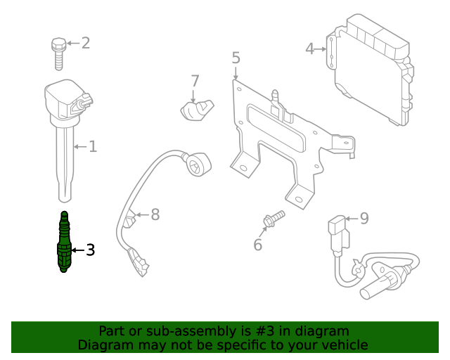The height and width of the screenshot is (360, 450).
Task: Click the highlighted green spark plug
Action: pyautogui.click(x=64, y=243)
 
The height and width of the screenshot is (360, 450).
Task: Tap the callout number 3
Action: pyautogui.click(x=89, y=250)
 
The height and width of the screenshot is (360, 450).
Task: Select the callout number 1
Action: pyautogui.click(x=93, y=147)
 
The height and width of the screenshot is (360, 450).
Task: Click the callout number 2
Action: pyautogui.click(x=86, y=44)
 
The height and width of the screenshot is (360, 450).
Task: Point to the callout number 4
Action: pyautogui.click(x=310, y=49)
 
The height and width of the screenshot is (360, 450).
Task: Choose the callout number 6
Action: pyautogui.click(x=257, y=245)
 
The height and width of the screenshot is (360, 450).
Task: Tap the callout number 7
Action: pyautogui.click(x=195, y=81)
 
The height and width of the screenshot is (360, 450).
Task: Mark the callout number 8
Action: pyautogui.click(x=155, y=214)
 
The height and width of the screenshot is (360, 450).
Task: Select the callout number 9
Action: pyautogui.click(x=364, y=219)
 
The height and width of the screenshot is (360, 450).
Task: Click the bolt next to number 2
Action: pyautogui.click(x=58, y=53)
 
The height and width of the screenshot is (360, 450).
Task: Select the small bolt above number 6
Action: pyautogui.click(x=272, y=219)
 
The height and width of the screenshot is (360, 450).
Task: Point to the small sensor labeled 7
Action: pyautogui.click(x=197, y=111)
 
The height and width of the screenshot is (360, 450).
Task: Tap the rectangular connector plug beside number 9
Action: pyautogui.click(x=337, y=233)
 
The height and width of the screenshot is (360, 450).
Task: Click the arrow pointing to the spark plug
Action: pyautogui.click(x=77, y=250)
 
